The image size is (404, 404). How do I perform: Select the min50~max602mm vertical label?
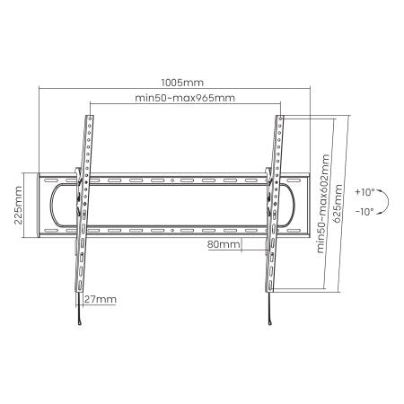click(322, 205)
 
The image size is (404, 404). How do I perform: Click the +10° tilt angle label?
click(364, 192)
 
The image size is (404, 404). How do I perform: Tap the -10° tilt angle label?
click(364, 212)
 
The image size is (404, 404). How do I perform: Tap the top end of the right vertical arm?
click(278, 118)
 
